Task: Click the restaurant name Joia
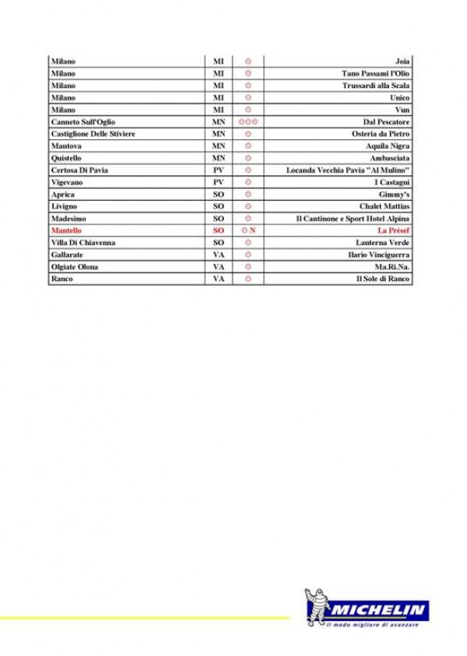(x=402, y=61)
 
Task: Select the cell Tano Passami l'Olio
(x=376, y=73)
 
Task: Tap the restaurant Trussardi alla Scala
(x=377, y=86)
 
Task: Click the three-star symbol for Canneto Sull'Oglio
(x=248, y=122)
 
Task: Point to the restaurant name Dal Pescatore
(x=387, y=122)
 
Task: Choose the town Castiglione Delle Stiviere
(x=93, y=134)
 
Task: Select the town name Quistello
(x=66, y=158)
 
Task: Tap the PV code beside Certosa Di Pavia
(x=219, y=170)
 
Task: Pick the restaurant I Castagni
(x=392, y=182)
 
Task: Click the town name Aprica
(x=63, y=195)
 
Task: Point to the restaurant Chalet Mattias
(x=384, y=206)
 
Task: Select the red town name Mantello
(x=67, y=231)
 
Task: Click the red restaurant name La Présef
(x=394, y=231)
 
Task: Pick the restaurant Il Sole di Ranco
(x=383, y=279)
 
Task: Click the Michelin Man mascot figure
(x=318, y=608)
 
